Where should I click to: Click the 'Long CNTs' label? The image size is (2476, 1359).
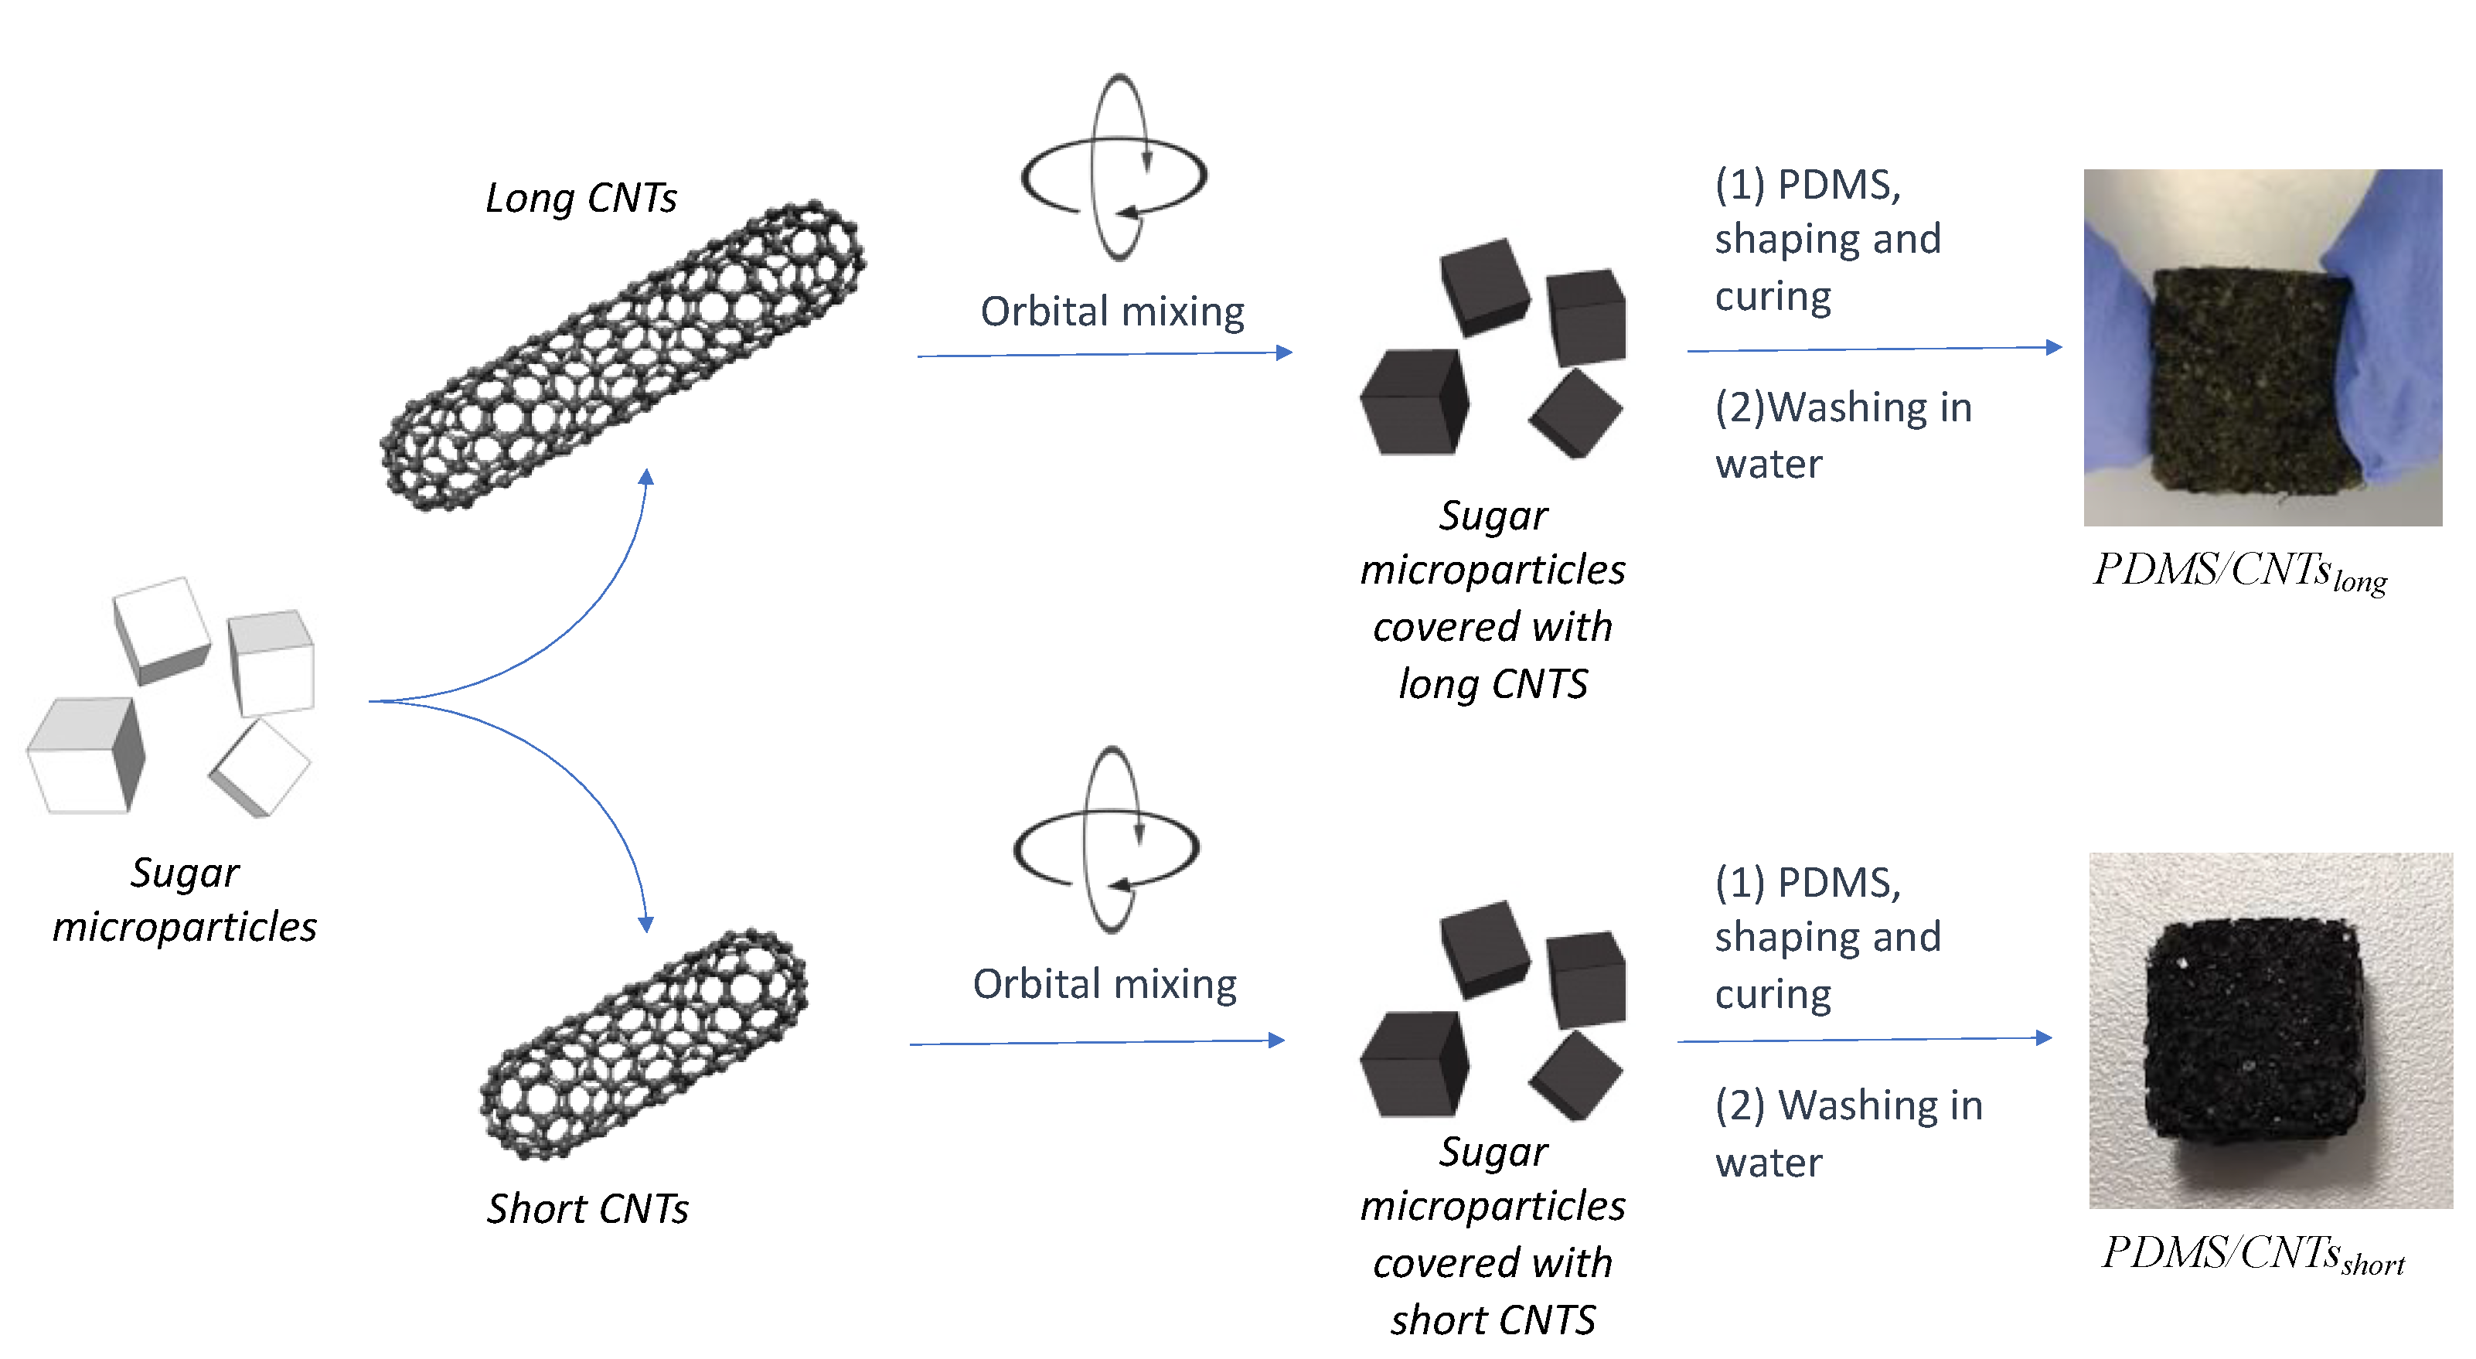581,199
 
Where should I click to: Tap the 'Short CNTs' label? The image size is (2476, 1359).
587,1209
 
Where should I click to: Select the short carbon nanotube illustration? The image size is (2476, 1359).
644,1044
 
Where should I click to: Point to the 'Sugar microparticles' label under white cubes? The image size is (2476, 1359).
185,900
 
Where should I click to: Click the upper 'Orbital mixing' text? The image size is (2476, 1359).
1112,312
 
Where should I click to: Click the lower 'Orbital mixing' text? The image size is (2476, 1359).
1105,985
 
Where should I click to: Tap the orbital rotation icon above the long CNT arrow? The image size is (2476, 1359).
1115,169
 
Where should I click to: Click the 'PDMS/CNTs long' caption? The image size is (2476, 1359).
2239,573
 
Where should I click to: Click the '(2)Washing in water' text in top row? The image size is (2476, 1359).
1843,435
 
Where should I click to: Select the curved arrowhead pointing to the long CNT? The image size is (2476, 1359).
647,478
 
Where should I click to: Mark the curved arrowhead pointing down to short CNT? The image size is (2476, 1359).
646,924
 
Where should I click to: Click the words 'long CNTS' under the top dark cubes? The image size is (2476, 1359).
1493,684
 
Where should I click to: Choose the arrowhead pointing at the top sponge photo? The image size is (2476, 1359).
2054,347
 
